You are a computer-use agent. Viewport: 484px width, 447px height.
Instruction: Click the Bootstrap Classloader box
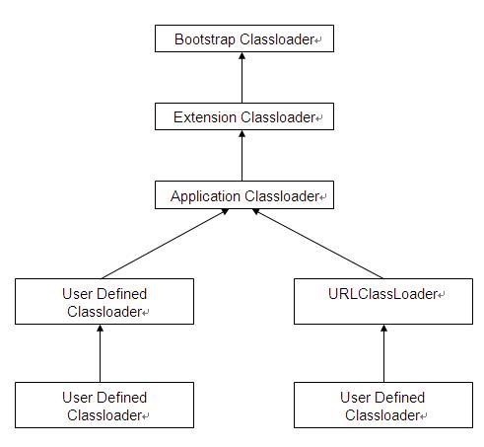(x=244, y=38)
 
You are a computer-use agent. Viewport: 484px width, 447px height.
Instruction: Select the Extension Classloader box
(x=244, y=116)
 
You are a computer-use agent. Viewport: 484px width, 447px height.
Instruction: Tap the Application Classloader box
(x=244, y=194)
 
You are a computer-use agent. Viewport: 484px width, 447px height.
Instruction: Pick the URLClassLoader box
(x=383, y=301)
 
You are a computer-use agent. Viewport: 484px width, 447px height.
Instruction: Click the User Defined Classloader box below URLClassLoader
(x=383, y=405)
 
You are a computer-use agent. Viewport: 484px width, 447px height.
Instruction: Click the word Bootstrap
(x=205, y=39)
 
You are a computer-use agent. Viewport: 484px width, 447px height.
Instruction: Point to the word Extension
(x=205, y=117)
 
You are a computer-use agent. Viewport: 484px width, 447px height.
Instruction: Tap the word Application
(x=205, y=196)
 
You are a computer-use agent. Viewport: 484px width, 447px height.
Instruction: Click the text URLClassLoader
(x=382, y=294)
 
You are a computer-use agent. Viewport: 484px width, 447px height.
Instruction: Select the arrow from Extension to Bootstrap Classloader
(x=242, y=78)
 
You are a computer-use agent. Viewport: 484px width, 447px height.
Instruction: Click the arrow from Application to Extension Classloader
(x=242, y=156)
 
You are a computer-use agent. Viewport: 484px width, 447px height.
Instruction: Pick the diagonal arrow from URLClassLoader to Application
(x=317, y=244)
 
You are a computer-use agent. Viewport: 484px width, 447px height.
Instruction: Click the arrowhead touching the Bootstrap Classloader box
(x=242, y=56)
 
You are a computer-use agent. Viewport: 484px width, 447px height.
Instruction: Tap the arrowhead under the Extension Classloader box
(x=242, y=134)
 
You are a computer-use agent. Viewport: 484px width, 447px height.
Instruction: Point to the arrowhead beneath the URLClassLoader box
(x=383, y=329)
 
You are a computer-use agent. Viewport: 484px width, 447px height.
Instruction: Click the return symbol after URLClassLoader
(x=442, y=295)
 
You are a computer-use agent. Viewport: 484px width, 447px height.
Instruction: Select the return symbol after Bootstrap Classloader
(x=317, y=40)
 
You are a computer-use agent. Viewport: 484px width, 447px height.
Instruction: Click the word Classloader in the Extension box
(x=278, y=117)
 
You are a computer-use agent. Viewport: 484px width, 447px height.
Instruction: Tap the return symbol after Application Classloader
(x=322, y=197)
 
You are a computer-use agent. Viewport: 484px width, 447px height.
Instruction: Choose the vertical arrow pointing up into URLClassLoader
(x=383, y=353)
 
